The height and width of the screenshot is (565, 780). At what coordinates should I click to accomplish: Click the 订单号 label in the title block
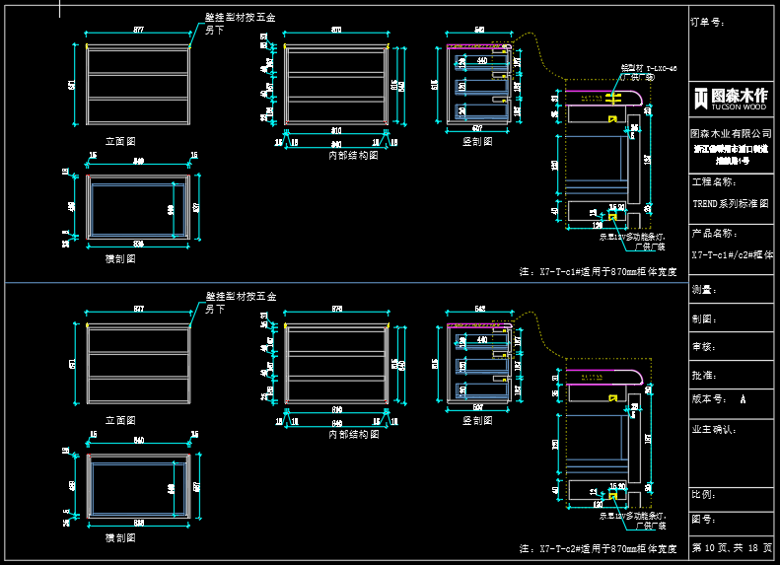point(708,21)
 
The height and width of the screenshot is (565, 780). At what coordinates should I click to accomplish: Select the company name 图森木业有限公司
point(730,132)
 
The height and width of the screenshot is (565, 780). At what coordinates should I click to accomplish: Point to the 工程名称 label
point(714,182)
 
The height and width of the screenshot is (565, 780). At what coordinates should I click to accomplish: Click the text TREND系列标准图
point(730,202)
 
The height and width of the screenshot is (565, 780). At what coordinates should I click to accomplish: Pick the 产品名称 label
point(714,234)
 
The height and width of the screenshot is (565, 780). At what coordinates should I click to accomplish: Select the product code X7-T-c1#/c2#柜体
point(732,254)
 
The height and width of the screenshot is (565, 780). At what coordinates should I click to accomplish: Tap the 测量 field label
point(703,290)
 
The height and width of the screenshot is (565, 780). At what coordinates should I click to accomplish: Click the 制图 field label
point(703,318)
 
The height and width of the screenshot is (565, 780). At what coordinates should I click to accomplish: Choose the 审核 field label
point(703,347)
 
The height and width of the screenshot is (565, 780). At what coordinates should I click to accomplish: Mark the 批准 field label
point(703,376)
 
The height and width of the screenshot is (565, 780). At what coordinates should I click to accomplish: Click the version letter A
point(742,400)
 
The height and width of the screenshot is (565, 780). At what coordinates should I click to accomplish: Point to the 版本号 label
point(710,400)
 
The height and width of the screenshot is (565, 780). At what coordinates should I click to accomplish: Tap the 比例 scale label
point(703,495)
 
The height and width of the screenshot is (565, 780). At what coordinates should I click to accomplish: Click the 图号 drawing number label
point(703,519)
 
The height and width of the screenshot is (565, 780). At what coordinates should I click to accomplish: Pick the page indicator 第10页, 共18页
point(732,547)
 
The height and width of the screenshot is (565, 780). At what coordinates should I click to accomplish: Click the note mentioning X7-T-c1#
point(598,270)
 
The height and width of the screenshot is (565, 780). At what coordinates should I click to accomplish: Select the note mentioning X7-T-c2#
point(598,548)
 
